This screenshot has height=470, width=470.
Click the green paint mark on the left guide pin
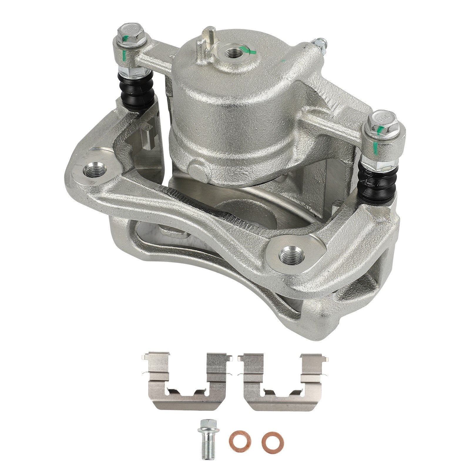(125, 55)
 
